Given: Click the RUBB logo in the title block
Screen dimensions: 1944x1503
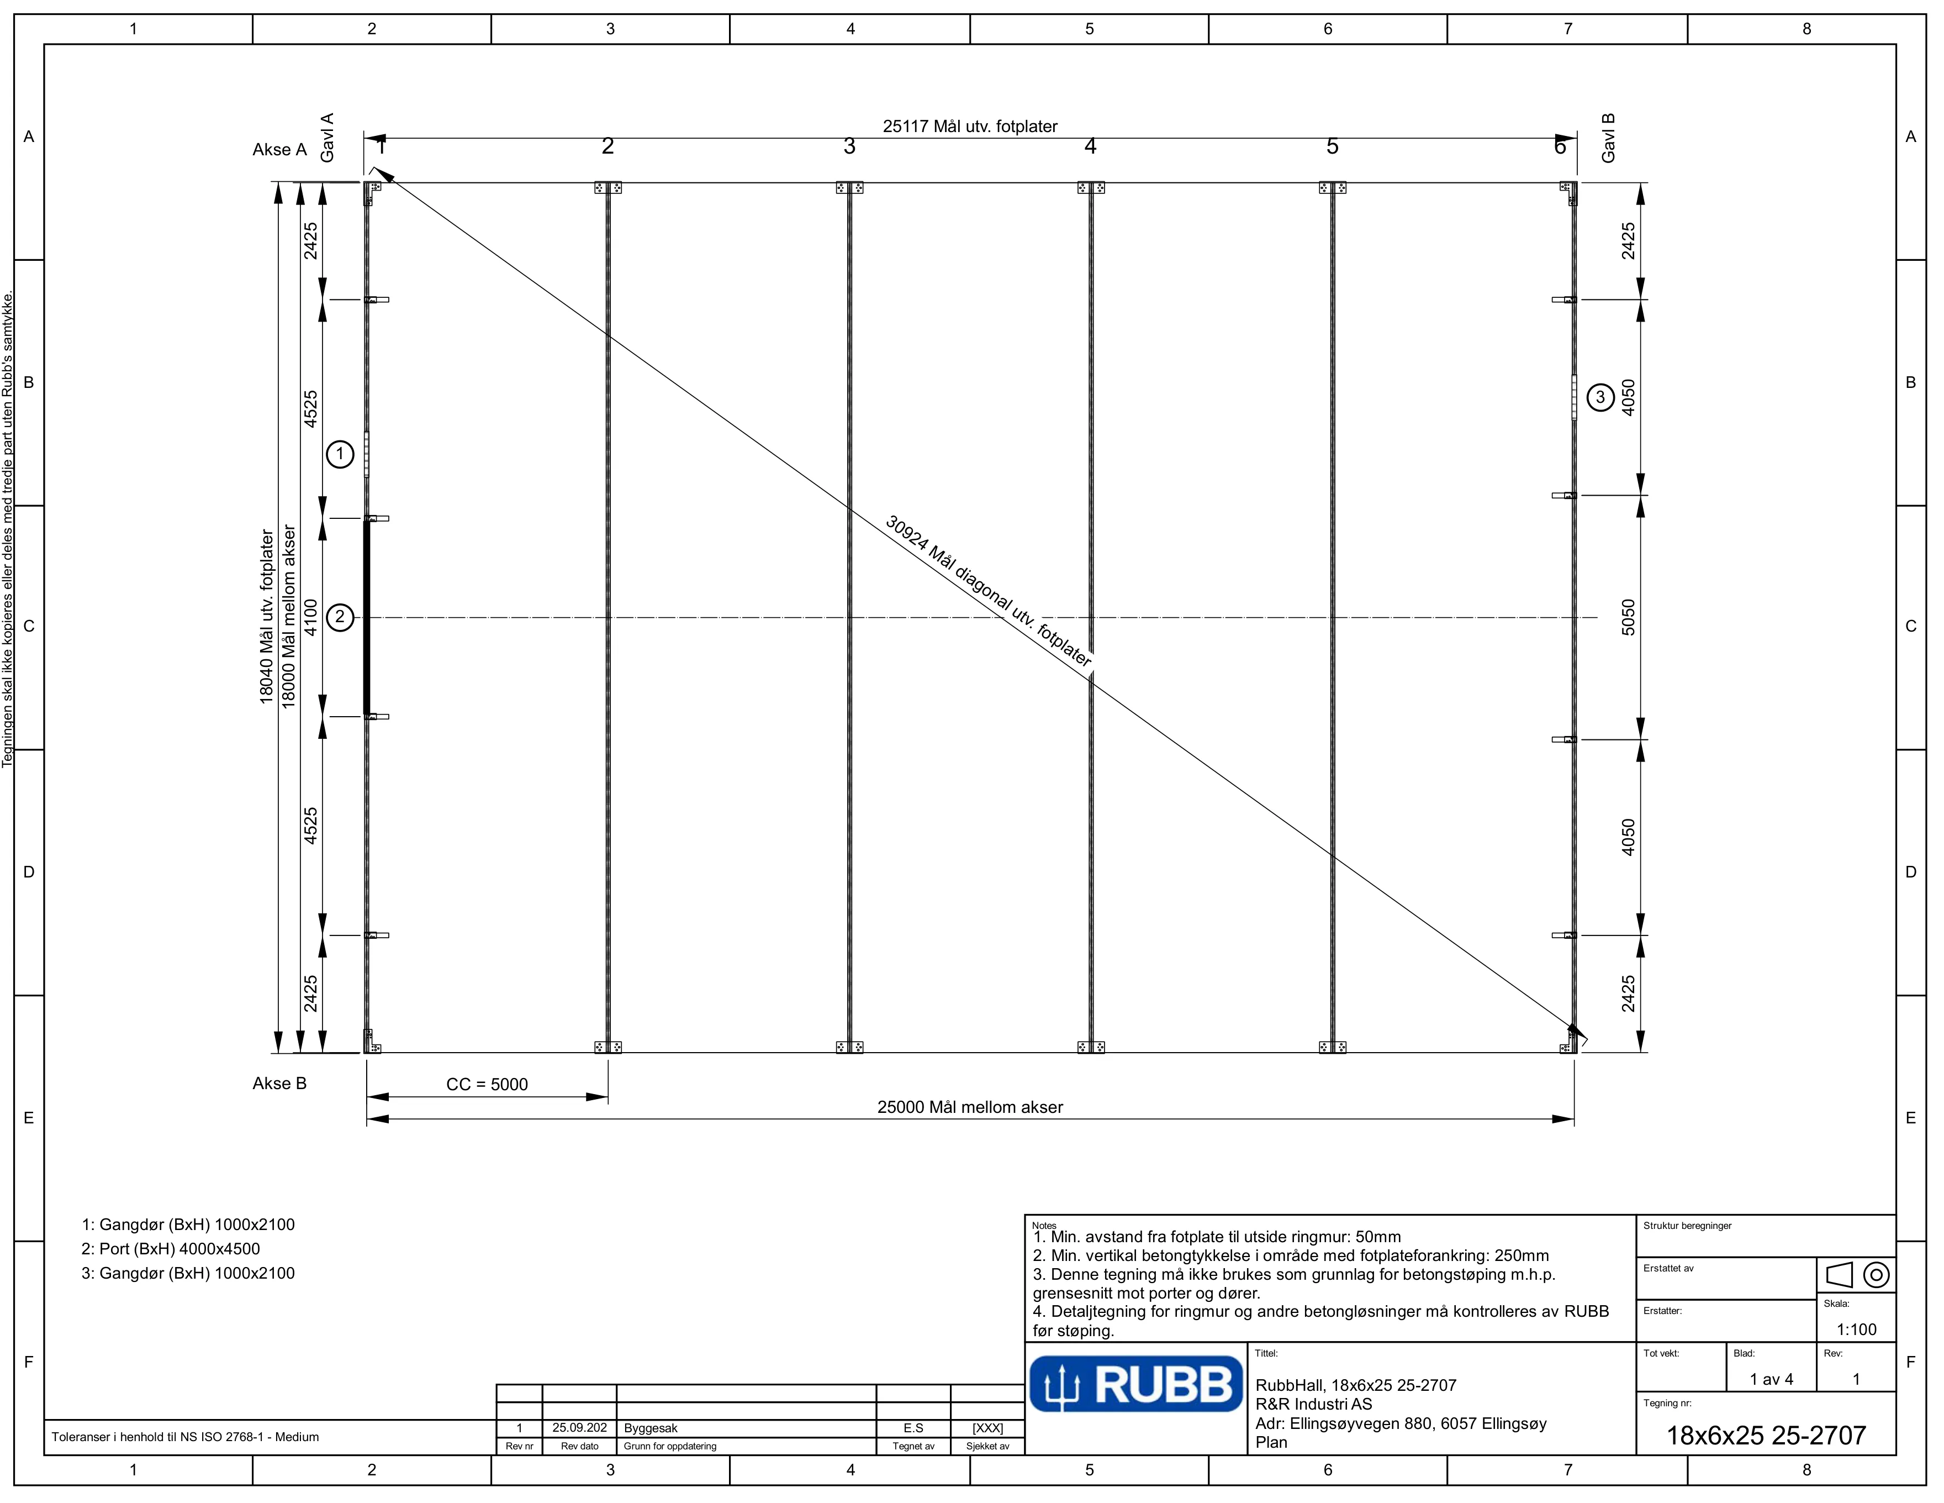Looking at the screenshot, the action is pos(1136,1384).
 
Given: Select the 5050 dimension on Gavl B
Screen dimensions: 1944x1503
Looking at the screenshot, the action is pos(1628,617).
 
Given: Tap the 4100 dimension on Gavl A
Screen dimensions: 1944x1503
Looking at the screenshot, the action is pos(310,617).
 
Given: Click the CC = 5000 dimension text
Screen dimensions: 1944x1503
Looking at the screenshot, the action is pos(487,1085).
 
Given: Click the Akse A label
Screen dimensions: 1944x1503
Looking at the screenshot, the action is pos(279,150).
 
